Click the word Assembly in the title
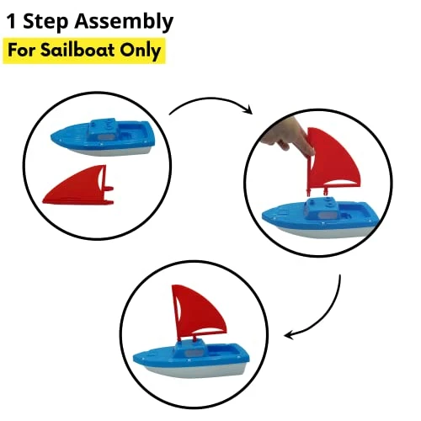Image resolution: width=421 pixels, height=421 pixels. [124, 22]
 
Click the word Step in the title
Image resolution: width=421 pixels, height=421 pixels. [45, 22]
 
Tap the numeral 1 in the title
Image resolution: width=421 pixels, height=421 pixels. [12, 22]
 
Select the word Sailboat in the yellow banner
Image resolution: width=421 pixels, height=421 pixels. [77, 50]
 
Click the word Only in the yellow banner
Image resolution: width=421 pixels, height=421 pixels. [141, 51]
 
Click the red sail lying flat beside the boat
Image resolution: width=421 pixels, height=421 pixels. [78, 186]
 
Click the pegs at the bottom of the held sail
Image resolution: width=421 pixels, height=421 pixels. [317, 191]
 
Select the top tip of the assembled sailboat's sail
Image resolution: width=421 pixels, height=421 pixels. [173, 285]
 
